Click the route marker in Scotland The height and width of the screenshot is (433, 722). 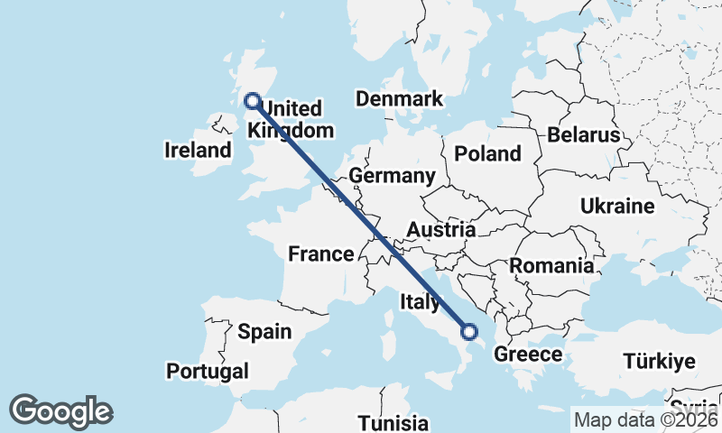click(252, 101)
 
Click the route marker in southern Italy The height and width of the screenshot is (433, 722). click(469, 331)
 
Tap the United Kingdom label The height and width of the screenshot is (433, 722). click(291, 120)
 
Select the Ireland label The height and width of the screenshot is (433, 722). click(199, 150)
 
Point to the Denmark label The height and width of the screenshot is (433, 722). click(400, 99)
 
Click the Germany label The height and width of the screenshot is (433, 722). click(393, 175)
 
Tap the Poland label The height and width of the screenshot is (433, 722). click(488, 153)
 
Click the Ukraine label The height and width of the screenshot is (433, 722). click(617, 207)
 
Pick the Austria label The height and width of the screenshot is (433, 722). click(440, 230)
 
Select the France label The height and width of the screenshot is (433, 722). click(320, 254)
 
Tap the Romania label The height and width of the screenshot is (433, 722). click(552, 266)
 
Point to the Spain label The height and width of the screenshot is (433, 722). click(264, 332)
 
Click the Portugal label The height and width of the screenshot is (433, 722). click(207, 371)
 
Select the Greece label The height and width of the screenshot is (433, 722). click(528, 354)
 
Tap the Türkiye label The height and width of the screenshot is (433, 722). click(659, 362)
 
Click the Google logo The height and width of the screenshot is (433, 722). click(61, 411)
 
